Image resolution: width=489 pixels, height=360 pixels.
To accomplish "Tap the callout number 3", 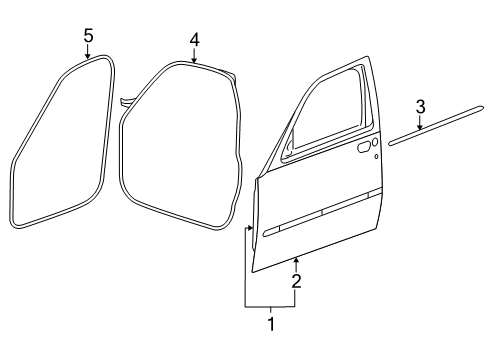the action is point(421,107).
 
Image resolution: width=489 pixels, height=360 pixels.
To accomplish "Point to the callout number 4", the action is point(195,40).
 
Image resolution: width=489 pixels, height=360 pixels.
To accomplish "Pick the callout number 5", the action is point(88,36).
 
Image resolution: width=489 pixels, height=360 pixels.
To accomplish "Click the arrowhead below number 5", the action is point(88,57).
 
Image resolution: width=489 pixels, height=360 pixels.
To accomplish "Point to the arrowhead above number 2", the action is point(296,261).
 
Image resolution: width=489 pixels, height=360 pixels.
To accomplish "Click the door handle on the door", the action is point(360,148).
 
